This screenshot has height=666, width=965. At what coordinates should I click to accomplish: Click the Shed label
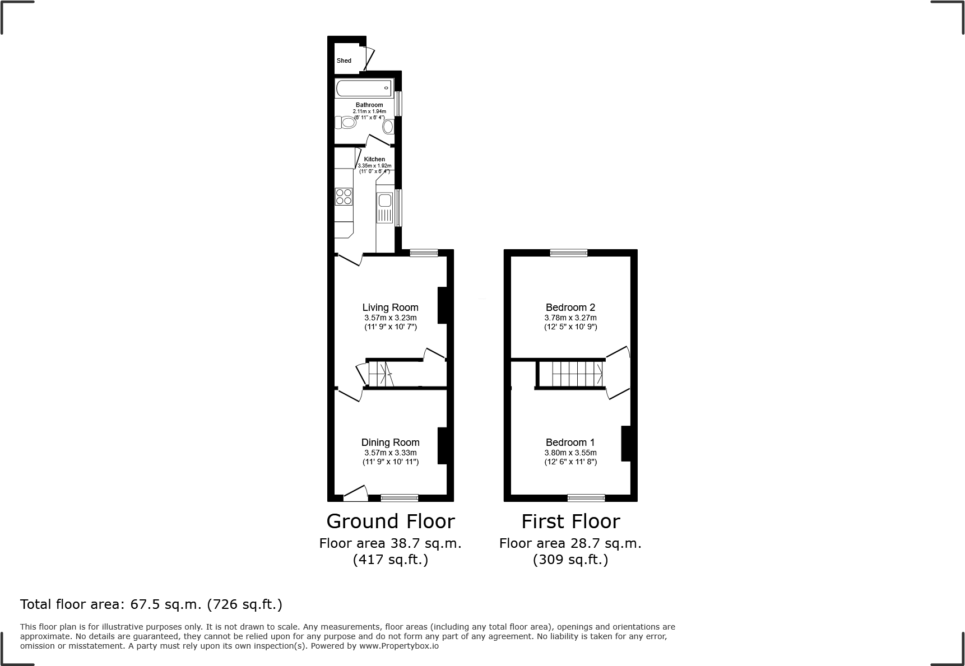tap(344, 60)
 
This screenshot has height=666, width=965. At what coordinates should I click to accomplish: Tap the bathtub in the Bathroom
tap(363, 88)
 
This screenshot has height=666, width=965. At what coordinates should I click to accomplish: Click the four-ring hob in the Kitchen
tap(344, 197)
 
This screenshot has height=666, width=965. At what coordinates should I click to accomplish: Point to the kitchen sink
tap(384, 201)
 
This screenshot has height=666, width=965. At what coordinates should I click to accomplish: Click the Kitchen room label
tap(374, 159)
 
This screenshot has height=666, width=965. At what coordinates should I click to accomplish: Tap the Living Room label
tap(390, 307)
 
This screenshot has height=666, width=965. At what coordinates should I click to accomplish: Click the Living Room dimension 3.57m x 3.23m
tap(390, 318)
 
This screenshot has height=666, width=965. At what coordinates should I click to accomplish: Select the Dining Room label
tap(390, 442)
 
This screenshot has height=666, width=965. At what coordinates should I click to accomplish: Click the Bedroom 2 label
tap(570, 307)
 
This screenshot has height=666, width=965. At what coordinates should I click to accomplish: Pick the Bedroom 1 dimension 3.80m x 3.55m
tap(570, 453)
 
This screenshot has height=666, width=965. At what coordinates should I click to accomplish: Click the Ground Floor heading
tap(390, 521)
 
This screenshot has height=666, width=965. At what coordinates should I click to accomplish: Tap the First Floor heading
tap(570, 521)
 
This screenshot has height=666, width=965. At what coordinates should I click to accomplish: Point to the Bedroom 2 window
tap(568, 253)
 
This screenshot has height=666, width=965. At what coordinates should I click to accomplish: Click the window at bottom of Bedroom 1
tap(586, 497)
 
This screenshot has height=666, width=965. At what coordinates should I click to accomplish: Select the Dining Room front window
tap(399, 497)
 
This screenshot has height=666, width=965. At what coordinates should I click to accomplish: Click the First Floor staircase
tap(577, 374)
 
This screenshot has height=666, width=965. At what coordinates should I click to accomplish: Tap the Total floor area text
tap(151, 604)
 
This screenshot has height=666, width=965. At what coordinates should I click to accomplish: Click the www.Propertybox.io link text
tap(398, 646)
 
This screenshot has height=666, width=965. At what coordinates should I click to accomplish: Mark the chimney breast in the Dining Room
tap(442, 445)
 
